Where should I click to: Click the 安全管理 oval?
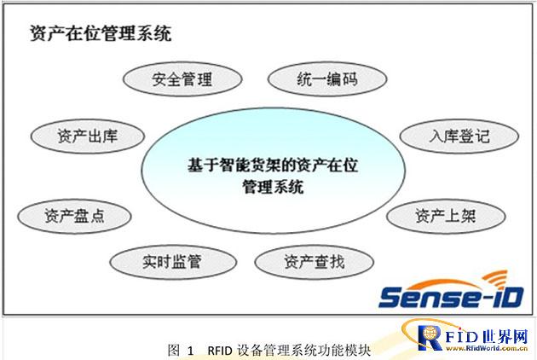click(182, 78)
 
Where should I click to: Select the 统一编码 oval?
click(327, 78)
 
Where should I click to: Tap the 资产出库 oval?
click(88, 136)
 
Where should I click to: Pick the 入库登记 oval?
click(459, 136)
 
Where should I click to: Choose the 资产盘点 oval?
click(74, 217)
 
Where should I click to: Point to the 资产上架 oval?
click(446, 217)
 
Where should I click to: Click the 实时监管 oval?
click(173, 262)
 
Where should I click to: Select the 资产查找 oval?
click(315, 262)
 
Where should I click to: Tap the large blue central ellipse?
click(274, 171)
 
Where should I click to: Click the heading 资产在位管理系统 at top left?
click(101, 33)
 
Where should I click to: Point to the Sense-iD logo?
click(452, 290)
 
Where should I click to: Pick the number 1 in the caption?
click(190, 351)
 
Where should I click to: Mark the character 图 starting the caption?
click(174, 351)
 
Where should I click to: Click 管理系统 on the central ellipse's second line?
click(273, 187)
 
